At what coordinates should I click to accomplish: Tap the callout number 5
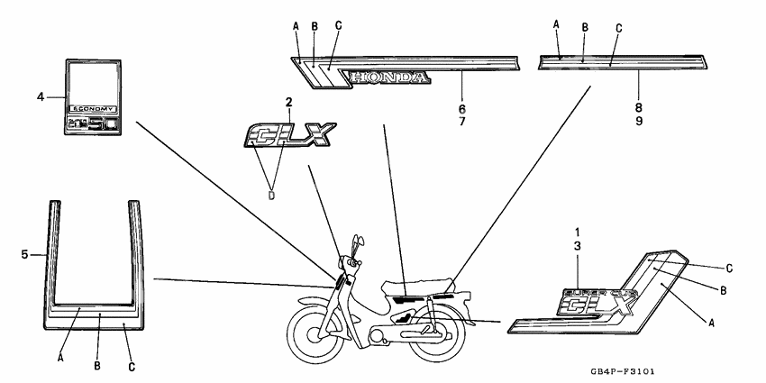click(24, 255)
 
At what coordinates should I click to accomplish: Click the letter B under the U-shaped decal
click(97, 365)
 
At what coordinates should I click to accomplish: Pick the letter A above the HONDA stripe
click(296, 26)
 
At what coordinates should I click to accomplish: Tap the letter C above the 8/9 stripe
click(618, 28)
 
